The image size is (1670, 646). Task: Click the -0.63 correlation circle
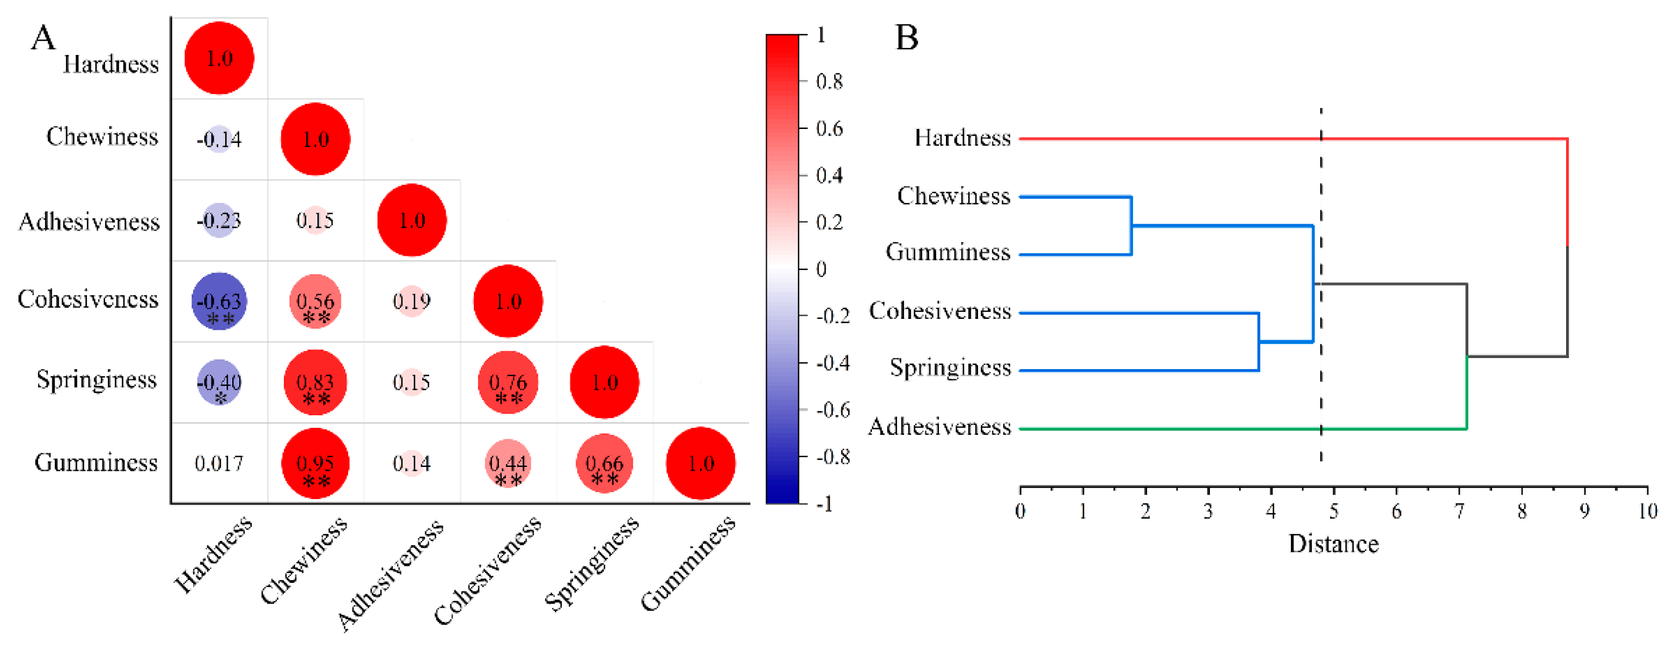(x=219, y=302)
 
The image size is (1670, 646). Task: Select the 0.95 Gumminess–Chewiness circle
(x=315, y=463)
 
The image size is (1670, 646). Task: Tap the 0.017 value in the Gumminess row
(x=219, y=463)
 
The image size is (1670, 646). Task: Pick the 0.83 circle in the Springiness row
(x=315, y=382)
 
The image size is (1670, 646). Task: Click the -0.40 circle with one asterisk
(x=219, y=382)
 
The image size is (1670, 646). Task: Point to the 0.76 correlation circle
(x=508, y=382)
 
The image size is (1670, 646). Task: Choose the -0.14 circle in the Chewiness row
(x=219, y=139)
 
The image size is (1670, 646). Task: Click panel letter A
(x=44, y=38)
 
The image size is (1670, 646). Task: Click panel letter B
(x=906, y=38)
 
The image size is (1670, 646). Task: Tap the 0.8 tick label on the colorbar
(x=829, y=82)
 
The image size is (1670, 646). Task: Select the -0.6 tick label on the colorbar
(x=832, y=410)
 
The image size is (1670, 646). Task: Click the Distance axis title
(x=1333, y=544)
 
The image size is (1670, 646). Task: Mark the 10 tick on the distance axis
(x=1647, y=511)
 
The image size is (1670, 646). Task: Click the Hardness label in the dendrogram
(x=962, y=138)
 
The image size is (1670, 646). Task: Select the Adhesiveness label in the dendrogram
(x=939, y=427)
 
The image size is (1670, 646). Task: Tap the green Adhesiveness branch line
(x=1232, y=429)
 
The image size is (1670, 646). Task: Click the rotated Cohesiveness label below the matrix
(x=487, y=570)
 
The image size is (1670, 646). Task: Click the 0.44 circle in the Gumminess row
(x=508, y=463)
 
